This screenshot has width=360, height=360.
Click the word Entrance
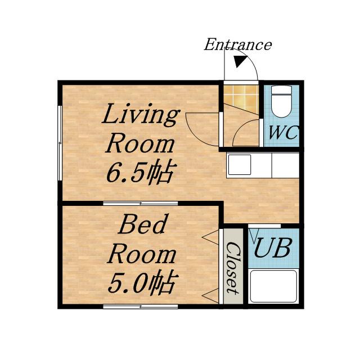[238, 44]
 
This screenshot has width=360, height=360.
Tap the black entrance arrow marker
[240, 61]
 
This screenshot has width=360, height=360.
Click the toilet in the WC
[281, 102]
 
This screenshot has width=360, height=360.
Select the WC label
[283, 133]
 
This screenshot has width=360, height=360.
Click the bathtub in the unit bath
[273, 286]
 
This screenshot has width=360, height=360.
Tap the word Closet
[233, 268]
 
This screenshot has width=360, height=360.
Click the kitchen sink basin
[240, 165]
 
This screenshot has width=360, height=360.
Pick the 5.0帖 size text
[143, 283]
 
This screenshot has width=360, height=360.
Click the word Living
[141, 114]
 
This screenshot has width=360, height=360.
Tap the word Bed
[142, 224]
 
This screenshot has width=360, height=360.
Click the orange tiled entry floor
[241, 97]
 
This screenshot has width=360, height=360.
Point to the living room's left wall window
[60, 143]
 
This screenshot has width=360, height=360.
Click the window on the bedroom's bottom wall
[141, 306]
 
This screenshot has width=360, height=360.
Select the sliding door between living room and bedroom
[141, 203]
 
